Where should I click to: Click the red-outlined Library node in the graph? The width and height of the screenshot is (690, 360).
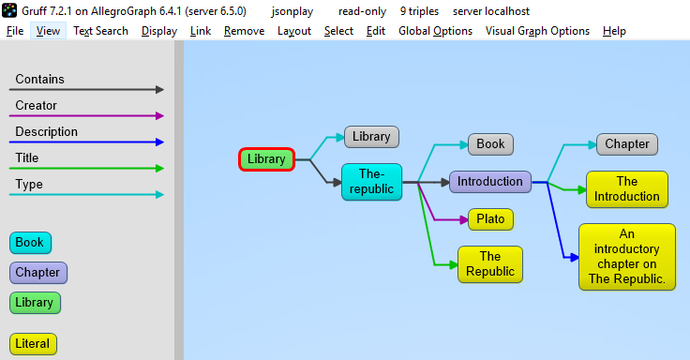pyautogui.click(x=266, y=159)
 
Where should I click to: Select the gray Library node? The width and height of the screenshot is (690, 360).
pyautogui.click(x=371, y=137)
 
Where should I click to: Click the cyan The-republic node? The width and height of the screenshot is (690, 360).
pyautogui.click(x=371, y=181)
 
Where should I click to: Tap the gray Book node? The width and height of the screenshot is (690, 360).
pyautogui.click(x=490, y=144)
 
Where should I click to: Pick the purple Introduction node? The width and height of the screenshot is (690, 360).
pyautogui.click(x=490, y=181)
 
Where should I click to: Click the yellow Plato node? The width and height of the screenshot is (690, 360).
pyautogui.click(x=490, y=219)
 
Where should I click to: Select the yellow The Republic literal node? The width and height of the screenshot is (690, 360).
pyautogui.click(x=490, y=263)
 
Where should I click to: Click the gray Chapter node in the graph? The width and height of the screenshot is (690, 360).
pyautogui.click(x=627, y=144)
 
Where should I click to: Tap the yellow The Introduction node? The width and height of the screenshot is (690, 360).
pyautogui.click(x=627, y=188)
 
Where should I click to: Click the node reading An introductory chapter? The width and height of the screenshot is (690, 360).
pyautogui.click(x=627, y=257)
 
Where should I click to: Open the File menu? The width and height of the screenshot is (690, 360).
pyautogui.click(x=15, y=31)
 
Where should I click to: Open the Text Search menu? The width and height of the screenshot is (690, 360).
pyautogui.click(x=100, y=31)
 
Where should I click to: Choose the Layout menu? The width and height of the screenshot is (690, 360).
pyautogui.click(x=294, y=31)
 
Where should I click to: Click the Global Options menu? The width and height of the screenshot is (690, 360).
pyautogui.click(x=435, y=31)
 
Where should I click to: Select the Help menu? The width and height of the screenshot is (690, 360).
pyautogui.click(x=614, y=31)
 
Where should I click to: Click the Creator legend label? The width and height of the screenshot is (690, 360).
pyautogui.click(x=36, y=106)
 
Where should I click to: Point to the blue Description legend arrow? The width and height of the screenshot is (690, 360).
pyautogui.click(x=89, y=142)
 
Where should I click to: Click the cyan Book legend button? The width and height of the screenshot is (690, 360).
pyautogui.click(x=30, y=243)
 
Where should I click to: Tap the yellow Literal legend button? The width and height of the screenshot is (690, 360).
pyautogui.click(x=33, y=344)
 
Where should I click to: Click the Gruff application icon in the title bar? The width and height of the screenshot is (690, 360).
pyautogui.click(x=10, y=10)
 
